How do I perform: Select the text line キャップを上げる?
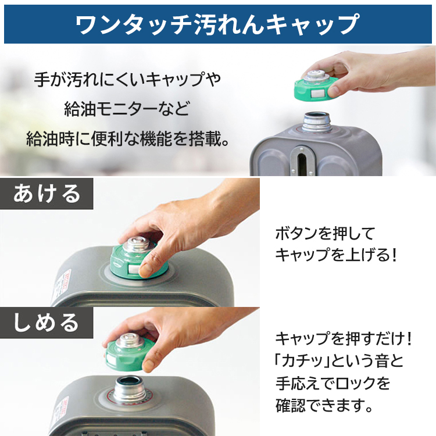click(x=335, y=255)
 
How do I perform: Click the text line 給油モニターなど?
click(x=127, y=108)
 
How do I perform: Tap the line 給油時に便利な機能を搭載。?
click(x=127, y=139)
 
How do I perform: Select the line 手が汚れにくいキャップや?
click(x=127, y=78)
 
